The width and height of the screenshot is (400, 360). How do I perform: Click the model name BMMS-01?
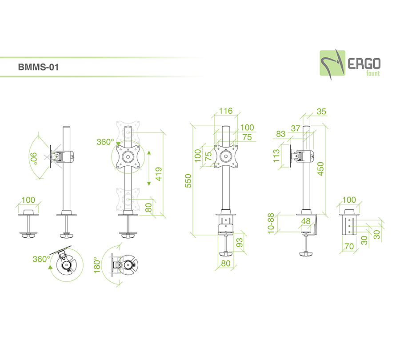click(38, 68)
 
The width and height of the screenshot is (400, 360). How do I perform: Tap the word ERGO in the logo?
click(363, 64)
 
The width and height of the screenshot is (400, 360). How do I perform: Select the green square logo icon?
click(332, 64)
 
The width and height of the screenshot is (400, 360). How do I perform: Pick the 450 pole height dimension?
click(321, 169)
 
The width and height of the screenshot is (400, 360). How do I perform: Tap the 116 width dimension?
click(225, 111)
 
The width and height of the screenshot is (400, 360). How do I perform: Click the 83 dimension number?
click(281, 134)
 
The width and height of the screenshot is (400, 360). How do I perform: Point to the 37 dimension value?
click(296, 128)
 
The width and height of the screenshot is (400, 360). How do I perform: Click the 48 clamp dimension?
click(306, 221)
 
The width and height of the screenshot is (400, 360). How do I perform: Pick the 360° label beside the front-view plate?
click(106, 142)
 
